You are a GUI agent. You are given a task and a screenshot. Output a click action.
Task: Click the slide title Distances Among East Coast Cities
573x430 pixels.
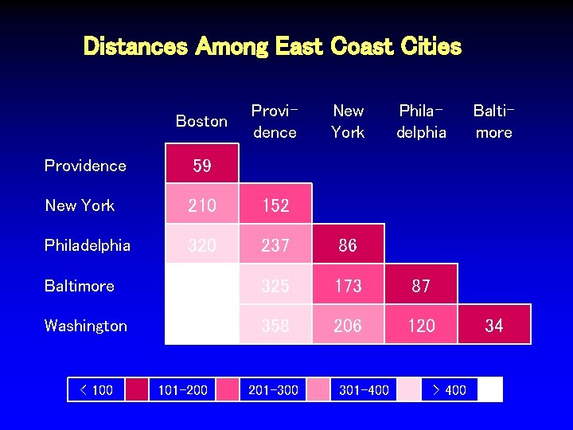click(x=272, y=46)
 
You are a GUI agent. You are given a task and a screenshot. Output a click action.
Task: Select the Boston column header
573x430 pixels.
click(x=201, y=121)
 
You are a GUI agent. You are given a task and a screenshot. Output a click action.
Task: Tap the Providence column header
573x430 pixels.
click(x=275, y=121)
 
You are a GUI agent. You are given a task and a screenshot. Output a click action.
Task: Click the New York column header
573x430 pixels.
click(x=348, y=121)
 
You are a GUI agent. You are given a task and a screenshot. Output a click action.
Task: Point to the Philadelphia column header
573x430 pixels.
click(x=421, y=121)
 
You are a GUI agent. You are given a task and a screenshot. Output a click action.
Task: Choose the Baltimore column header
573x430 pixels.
click(x=493, y=121)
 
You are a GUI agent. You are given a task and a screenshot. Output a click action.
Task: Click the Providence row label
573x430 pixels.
click(x=85, y=166)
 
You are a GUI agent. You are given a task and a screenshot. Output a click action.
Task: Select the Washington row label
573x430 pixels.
click(x=86, y=326)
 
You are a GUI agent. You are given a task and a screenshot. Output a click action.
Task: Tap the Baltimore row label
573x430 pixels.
click(x=80, y=286)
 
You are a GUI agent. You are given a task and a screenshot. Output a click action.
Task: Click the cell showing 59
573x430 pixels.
click(x=202, y=166)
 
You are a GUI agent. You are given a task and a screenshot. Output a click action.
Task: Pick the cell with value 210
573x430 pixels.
click(x=202, y=205)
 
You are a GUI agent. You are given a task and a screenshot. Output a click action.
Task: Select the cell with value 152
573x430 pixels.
click(x=275, y=205)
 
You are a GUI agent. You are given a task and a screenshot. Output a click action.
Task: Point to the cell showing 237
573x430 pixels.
click(x=275, y=245)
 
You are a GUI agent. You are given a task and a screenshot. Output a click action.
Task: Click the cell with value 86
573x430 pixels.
click(x=348, y=245)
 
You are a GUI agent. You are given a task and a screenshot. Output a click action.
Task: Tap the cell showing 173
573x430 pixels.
click(x=348, y=285)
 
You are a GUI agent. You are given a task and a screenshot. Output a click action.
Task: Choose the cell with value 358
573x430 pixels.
click(x=275, y=325)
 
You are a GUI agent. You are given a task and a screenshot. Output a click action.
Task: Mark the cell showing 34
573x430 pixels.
click(x=494, y=325)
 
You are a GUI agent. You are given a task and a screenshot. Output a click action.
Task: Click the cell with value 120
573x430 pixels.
click(x=421, y=325)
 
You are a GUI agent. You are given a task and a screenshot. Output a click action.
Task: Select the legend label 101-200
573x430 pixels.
click(x=183, y=389)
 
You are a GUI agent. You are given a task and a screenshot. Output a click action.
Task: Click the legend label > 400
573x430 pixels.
click(x=449, y=389)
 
